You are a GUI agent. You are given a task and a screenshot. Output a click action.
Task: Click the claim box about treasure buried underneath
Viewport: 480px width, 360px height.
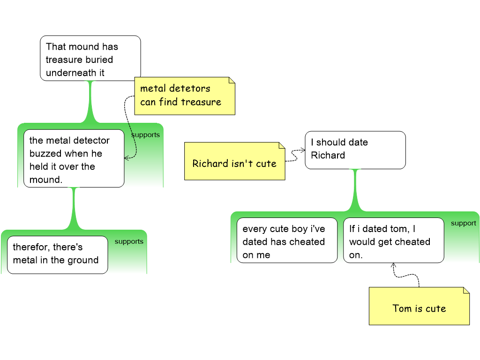[x=90, y=58]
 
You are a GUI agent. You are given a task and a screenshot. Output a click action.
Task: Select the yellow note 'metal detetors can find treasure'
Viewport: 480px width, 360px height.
[x=184, y=96]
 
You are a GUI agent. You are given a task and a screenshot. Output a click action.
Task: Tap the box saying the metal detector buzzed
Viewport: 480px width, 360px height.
[x=74, y=159]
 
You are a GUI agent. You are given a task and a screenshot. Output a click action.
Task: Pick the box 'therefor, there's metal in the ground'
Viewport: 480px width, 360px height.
[x=57, y=254]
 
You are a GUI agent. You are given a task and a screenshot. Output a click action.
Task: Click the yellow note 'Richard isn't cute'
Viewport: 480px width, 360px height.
[x=234, y=161]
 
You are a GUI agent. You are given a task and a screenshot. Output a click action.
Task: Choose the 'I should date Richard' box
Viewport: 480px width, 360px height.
[x=355, y=150]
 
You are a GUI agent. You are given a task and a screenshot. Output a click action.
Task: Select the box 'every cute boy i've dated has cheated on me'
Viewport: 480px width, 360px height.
[x=286, y=240]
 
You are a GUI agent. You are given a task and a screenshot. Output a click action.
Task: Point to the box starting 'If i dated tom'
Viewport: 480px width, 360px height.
[x=393, y=240]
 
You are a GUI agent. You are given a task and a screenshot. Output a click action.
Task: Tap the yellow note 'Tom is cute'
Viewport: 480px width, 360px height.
[x=419, y=306]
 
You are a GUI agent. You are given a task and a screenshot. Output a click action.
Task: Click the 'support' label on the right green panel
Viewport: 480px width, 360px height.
[x=463, y=223]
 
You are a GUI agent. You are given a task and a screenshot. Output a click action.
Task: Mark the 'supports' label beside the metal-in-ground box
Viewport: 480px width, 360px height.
[x=129, y=241]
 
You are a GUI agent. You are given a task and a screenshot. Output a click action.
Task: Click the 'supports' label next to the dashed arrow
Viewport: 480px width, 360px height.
[x=146, y=135]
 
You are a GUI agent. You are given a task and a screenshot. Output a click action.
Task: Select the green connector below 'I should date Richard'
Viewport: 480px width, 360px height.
[x=355, y=190]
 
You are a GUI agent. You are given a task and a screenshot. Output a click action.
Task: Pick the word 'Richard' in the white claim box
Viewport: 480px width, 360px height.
[x=328, y=155]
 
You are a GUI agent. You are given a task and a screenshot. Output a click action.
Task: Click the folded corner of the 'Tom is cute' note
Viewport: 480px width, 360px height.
[x=465, y=291]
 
